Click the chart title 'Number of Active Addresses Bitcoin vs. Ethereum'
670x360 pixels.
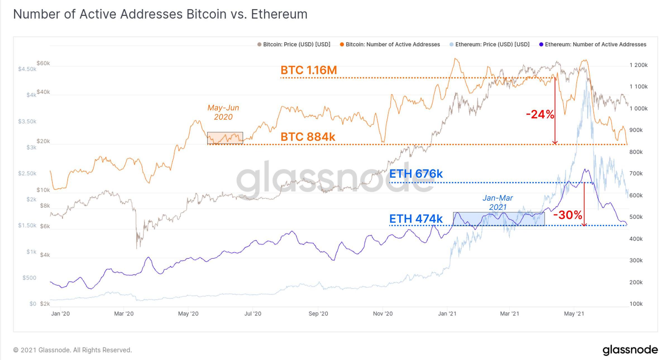click(160, 14)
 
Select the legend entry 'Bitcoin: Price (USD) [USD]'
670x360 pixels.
click(294, 44)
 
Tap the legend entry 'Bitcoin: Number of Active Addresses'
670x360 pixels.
click(390, 44)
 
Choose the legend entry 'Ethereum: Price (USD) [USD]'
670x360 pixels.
click(490, 44)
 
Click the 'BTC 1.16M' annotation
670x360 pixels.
click(309, 70)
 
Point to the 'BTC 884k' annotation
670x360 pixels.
click(308, 137)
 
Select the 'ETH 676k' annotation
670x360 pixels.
click(416, 174)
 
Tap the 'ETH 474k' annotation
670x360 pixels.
click(416, 219)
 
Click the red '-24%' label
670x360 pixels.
click(540, 114)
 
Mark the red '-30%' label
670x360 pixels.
click(568, 215)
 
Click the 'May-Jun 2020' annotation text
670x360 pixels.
click(223, 112)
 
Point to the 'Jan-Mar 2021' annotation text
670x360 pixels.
click(498, 202)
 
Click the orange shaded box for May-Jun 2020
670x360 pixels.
click(225, 138)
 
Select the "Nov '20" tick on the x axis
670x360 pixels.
click(383, 314)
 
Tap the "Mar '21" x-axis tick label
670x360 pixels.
click(509, 314)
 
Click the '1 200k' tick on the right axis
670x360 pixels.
click(638, 65)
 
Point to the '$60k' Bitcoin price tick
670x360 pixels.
click(43, 63)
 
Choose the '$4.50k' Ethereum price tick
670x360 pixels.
click(27, 69)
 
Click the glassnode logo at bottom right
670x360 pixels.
click(630, 350)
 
